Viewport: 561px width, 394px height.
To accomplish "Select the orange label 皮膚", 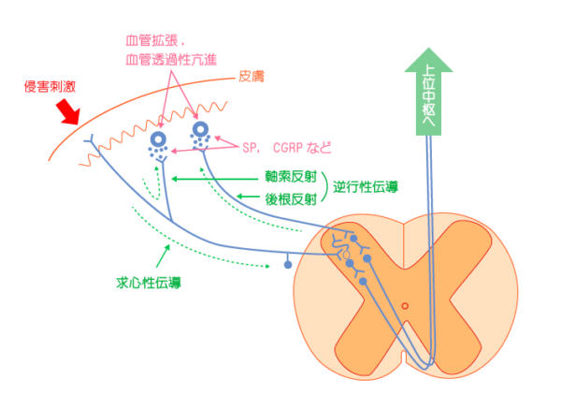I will pyautogui.click(x=253, y=74).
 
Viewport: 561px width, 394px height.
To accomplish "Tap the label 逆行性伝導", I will pyautogui.click(x=367, y=186).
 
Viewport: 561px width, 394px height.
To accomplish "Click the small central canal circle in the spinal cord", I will pyautogui.click(x=404, y=306).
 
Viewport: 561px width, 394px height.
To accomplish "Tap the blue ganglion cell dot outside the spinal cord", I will pyautogui.click(x=287, y=266).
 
